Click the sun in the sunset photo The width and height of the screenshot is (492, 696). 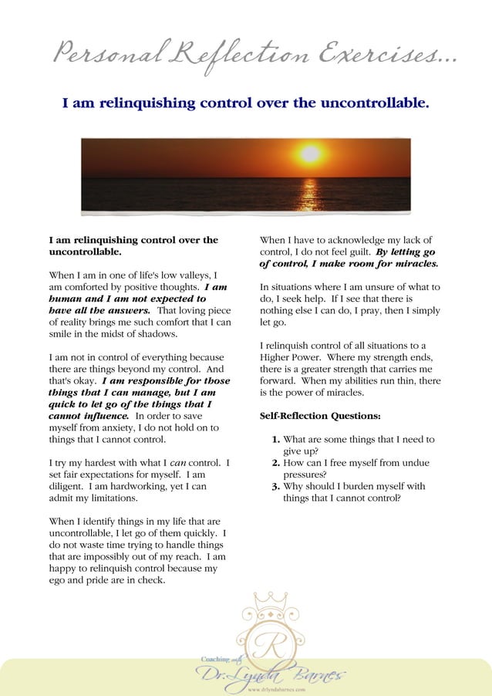310,154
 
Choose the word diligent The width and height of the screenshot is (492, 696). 67,487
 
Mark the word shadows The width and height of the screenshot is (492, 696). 157,334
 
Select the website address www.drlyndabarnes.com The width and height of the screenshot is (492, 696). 274,689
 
